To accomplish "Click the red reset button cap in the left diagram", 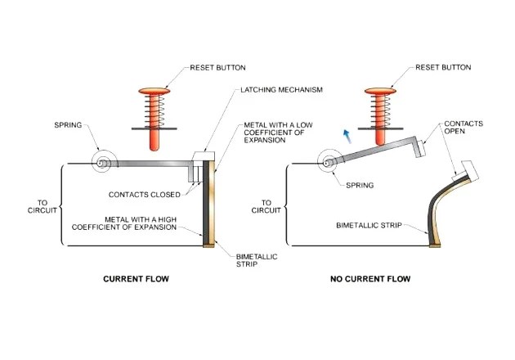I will (155, 83).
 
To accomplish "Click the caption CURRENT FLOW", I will (135, 279).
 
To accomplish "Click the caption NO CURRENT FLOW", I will (370, 279).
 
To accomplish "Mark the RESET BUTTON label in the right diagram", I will (442, 67).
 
